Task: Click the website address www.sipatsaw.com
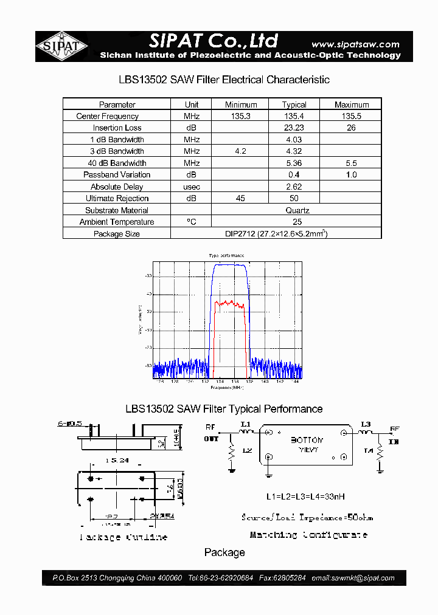355,44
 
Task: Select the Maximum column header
351,105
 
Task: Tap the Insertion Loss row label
117,128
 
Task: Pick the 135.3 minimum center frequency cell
241,116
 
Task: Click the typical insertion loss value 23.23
294,128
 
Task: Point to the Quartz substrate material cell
297,210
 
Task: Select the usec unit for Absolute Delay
192,187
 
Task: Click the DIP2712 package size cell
276,234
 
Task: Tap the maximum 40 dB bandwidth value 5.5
351,163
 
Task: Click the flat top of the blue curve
230,265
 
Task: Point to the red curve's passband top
229,302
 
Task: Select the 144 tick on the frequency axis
296,382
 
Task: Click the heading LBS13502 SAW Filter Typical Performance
224,409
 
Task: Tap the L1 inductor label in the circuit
245,424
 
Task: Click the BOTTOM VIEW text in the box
307,444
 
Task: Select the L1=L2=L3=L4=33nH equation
305,496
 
